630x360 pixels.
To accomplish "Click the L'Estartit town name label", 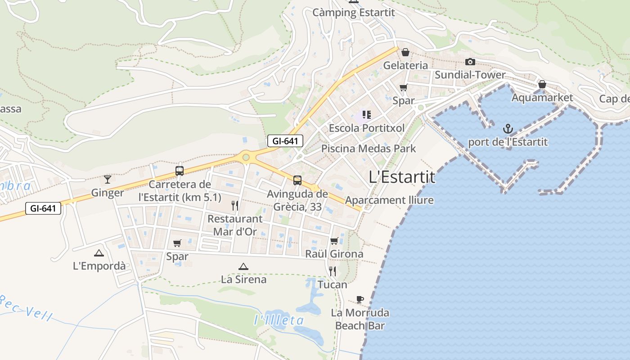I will coord(402,177).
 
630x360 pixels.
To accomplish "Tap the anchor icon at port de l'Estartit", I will coord(508,130).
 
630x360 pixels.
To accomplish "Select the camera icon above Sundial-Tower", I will coord(470,62).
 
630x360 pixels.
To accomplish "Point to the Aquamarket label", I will coord(542,98).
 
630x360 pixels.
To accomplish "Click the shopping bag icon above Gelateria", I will coord(405,52).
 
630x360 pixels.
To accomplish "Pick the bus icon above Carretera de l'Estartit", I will coord(180,171).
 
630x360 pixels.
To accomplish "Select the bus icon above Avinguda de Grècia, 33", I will coord(297,180).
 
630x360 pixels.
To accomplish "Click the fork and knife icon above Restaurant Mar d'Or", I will coord(234,206).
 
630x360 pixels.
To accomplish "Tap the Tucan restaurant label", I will coord(333,284).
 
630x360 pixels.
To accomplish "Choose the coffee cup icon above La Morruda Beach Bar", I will coord(360,299).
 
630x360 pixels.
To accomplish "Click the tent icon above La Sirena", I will coord(243,266).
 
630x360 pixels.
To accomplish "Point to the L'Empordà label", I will coord(99,266).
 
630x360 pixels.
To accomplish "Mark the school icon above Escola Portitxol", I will coord(366,115).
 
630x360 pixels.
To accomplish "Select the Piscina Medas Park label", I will coord(369,148).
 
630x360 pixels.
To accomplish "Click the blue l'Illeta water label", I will coord(279,320).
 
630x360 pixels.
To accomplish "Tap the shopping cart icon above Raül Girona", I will coord(334,241).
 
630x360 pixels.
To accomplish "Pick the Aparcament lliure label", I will coord(389,200).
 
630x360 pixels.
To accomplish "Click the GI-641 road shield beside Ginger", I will coord(43,208).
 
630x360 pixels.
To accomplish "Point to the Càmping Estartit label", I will coord(354,13).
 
